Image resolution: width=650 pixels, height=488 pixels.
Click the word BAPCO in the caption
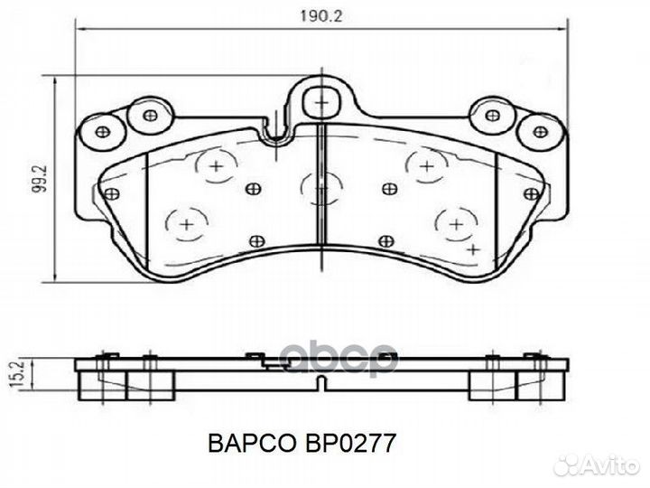click(x=249, y=444)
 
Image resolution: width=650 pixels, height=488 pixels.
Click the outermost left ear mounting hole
click(x=101, y=132)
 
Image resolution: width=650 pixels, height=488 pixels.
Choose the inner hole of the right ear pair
click(x=492, y=115)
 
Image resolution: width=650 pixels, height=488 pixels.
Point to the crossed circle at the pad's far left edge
click(x=112, y=193)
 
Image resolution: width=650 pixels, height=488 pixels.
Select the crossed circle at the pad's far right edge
click(x=533, y=193)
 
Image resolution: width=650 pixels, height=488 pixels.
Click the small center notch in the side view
click(x=321, y=383)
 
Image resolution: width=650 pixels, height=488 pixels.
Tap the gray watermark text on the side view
click(x=342, y=358)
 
